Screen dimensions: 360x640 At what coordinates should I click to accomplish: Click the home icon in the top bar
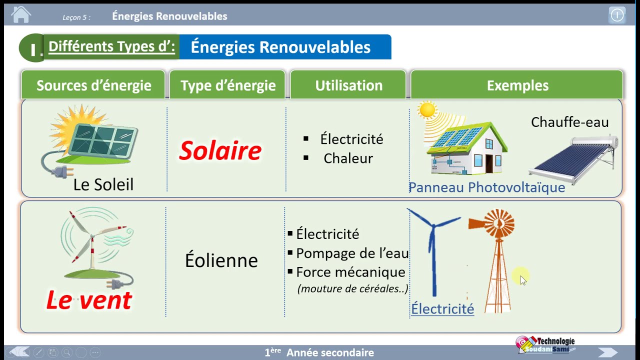click(20, 15)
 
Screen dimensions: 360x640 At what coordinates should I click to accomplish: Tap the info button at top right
click(617, 15)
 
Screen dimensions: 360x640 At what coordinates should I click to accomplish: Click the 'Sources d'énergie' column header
click(93, 85)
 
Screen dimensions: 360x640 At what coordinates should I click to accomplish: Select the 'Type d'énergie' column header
click(228, 85)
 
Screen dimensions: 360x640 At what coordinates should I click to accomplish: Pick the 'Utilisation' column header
click(348, 85)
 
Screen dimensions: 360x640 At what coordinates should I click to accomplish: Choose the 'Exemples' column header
click(517, 85)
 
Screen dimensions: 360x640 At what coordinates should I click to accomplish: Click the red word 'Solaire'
click(220, 150)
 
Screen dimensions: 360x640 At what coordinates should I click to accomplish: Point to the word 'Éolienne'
click(221, 260)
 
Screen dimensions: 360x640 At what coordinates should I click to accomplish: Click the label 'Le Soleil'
click(103, 184)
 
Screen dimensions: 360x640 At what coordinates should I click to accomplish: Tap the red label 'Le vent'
click(89, 300)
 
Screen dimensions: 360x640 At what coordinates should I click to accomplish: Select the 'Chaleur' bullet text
click(348, 158)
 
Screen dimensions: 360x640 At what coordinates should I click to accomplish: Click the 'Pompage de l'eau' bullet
click(352, 253)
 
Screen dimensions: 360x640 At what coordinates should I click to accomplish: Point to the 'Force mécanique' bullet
click(350, 272)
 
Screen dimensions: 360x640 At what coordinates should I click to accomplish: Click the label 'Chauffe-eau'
click(569, 122)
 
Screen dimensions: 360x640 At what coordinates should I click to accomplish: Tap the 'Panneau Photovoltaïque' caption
click(486, 187)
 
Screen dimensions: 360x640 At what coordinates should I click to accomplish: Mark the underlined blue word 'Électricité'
click(442, 309)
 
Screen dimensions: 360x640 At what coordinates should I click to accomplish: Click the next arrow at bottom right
click(607, 352)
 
